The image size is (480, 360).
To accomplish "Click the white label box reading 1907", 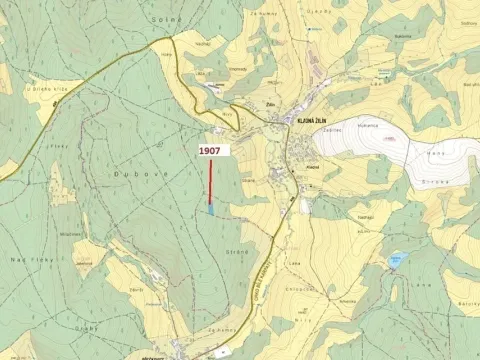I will click(x=210, y=150).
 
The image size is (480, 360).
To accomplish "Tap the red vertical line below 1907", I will click(x=211, y=180).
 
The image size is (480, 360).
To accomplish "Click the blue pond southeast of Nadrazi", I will click(x=396, y=260).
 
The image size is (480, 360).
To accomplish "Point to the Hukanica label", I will click(x=368, y=125).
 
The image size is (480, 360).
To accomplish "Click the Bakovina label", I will click(x=403, y=35).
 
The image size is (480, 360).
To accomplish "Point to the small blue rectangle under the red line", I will click(x=210, y=208).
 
